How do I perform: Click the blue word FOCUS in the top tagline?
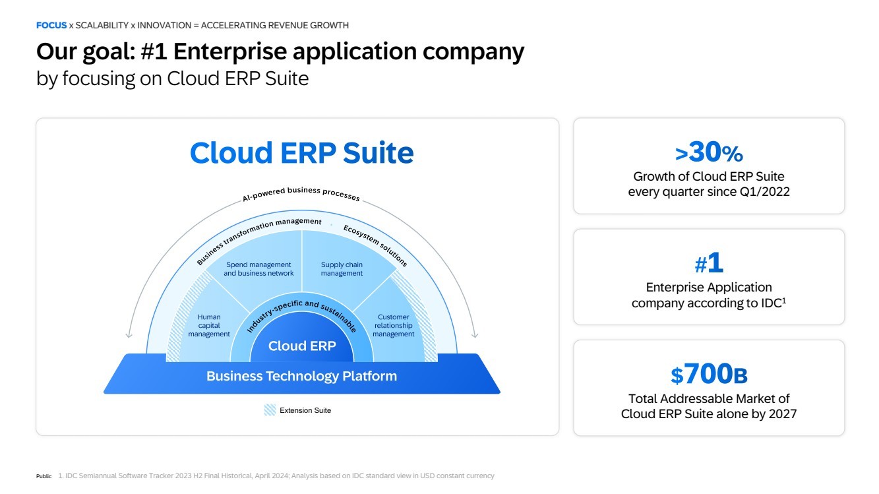(x=51, y=25)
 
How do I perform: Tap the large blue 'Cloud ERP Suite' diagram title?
(x=301, y=153)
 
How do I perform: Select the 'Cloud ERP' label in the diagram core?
(x=302, y=346)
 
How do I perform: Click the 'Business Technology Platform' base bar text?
(x=301, y=376)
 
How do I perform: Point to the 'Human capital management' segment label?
(x=209, y=326)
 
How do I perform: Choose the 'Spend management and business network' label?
(x=258, y=269)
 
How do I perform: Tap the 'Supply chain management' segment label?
(x=342, y=269)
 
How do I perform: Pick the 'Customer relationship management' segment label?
(x=394, y=326)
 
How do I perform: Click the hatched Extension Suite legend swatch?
(x=270, y=410)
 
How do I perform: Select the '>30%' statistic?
(x=709, y=153)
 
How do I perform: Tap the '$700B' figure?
(x=709, y=375)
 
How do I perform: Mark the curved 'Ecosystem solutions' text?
(x=375, y=245)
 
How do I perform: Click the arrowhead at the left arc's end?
(x=129, y=334)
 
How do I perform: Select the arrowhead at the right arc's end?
(x=475, y=334)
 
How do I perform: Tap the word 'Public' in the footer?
(x=44, y=476)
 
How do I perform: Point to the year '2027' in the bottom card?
(x=782, y=414)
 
